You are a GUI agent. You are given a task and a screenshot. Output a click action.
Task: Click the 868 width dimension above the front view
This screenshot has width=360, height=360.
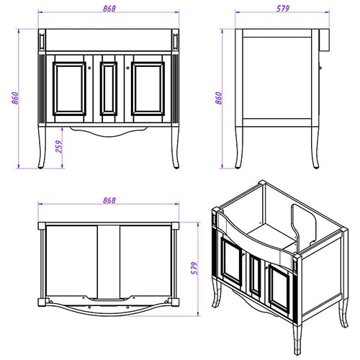coord(109,9)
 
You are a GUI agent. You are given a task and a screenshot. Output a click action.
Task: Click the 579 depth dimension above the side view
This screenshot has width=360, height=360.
coord(283,9)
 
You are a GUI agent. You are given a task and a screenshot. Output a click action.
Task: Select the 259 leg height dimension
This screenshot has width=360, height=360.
coord(59,147)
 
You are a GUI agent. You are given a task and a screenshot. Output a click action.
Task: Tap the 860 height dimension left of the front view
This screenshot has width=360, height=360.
coord(15,98)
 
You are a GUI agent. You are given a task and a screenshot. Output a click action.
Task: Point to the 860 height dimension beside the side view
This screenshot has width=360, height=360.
coord(219,98)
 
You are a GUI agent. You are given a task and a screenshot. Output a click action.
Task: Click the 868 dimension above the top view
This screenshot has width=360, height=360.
coord(109,200)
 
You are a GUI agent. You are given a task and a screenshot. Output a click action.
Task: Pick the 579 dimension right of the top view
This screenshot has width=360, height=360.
coord(194,268)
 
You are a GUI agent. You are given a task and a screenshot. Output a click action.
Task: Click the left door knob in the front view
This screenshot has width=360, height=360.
coord(90,68)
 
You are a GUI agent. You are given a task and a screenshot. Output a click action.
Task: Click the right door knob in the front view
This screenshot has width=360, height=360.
coord(127,68)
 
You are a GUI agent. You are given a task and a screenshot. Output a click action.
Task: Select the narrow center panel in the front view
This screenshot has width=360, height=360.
coord(109,89)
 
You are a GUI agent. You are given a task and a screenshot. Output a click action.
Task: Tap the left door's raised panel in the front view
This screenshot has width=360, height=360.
coord(69,89)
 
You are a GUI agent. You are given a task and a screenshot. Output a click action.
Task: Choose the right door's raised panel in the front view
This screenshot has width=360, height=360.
coord(148,89)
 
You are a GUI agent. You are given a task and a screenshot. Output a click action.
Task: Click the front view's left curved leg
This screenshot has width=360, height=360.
coord(42,147)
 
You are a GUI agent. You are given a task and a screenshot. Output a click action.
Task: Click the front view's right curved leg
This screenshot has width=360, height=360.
coord(176,147)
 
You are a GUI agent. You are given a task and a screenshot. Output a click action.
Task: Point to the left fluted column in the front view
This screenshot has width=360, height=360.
coord(42,89)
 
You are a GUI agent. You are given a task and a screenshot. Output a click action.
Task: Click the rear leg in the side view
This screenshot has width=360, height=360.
coord(316,147)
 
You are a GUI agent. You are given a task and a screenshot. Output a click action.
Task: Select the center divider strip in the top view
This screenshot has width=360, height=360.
coord(109,261)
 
